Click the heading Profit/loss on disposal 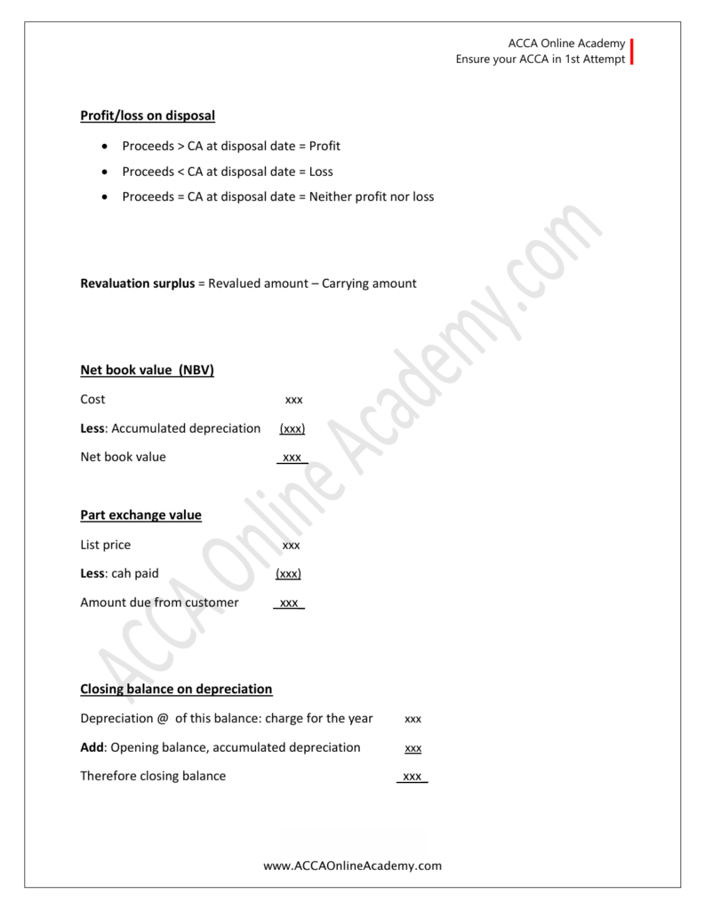tap(148, 116)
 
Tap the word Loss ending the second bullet tap(321, 172)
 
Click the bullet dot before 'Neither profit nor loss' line tap(107, 196)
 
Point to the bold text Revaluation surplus tap(137, 283)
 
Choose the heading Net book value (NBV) tap(147, 371)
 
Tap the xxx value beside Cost tap(293, 400)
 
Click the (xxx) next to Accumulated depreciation tap(292, 429)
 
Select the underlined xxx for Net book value tap(292, 458)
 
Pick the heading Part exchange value tap(140, 515)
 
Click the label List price tap(105, 545)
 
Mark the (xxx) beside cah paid tap(289, 574)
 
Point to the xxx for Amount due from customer tap(289, 603)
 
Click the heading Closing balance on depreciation tap(176, 690)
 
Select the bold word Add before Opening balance tap(93, 747)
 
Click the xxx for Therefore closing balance tap(413, 777)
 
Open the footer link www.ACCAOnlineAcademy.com tap(352, 866)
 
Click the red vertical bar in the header tap(632, 51)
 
